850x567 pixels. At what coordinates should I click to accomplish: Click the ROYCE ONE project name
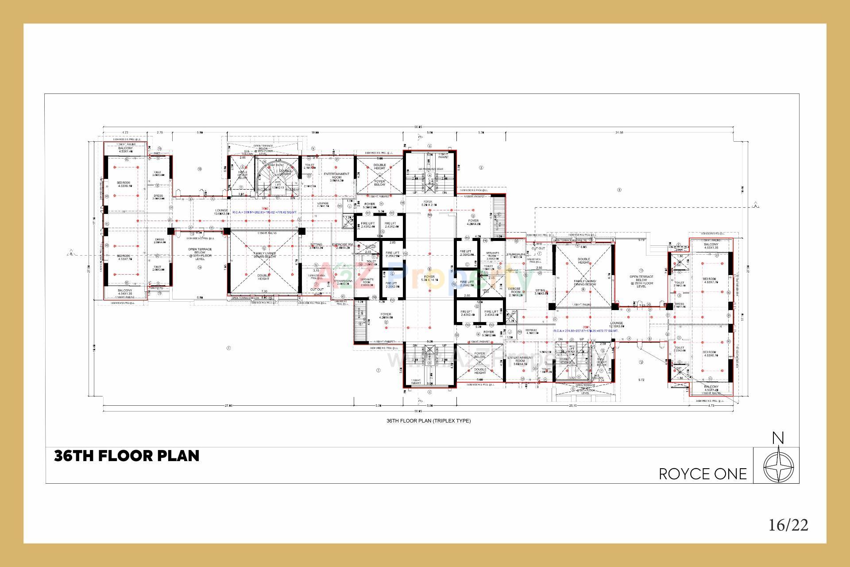pyautogui.click(x=703, y=474)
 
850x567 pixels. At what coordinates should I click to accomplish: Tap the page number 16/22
pyautogui.click(x=788, y=525)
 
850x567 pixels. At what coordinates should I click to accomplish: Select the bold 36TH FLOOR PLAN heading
pyautogui.click(x=127, y=456)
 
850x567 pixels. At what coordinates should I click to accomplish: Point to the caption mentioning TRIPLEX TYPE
pyautogui.click(x=428, y=421)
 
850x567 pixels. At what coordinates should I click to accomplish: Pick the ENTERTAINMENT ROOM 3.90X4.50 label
pyautogui.click(x=336, y=177)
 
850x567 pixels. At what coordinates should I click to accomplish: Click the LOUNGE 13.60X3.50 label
pyautogui.click(x=222, y=212)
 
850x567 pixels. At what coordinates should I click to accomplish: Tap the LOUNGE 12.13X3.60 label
pyautogui.click(x=616, y=325)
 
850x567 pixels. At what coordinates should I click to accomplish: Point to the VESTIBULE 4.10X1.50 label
pyautogui.click(x=531, y=331)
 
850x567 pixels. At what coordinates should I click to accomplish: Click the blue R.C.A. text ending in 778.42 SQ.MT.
pyautogui.click(x=264, y=213)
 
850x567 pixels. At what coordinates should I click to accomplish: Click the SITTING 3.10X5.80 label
pyautogui.click(x=541, y=292)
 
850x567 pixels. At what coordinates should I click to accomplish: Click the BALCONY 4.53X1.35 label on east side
pyautogui.click(x=711, y=246)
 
